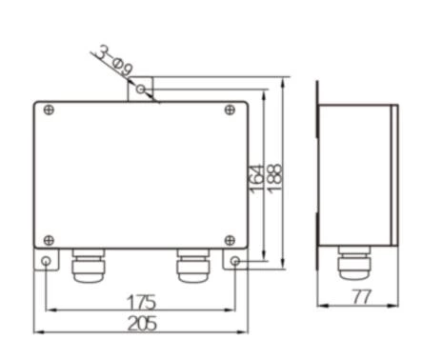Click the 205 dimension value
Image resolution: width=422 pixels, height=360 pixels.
click(141, 324)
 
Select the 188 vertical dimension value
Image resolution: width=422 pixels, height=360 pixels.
click(275, 175)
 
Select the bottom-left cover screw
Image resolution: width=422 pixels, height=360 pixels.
click(49, 239)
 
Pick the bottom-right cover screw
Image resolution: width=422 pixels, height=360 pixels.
click(230, 239)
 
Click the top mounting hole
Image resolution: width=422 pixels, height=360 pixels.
click(141, 90)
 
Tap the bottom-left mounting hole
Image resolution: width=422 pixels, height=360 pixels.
click(45, 261)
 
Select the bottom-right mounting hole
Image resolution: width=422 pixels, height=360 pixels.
click(235, 261)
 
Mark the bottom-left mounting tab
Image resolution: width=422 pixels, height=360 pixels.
click(44, 259)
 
